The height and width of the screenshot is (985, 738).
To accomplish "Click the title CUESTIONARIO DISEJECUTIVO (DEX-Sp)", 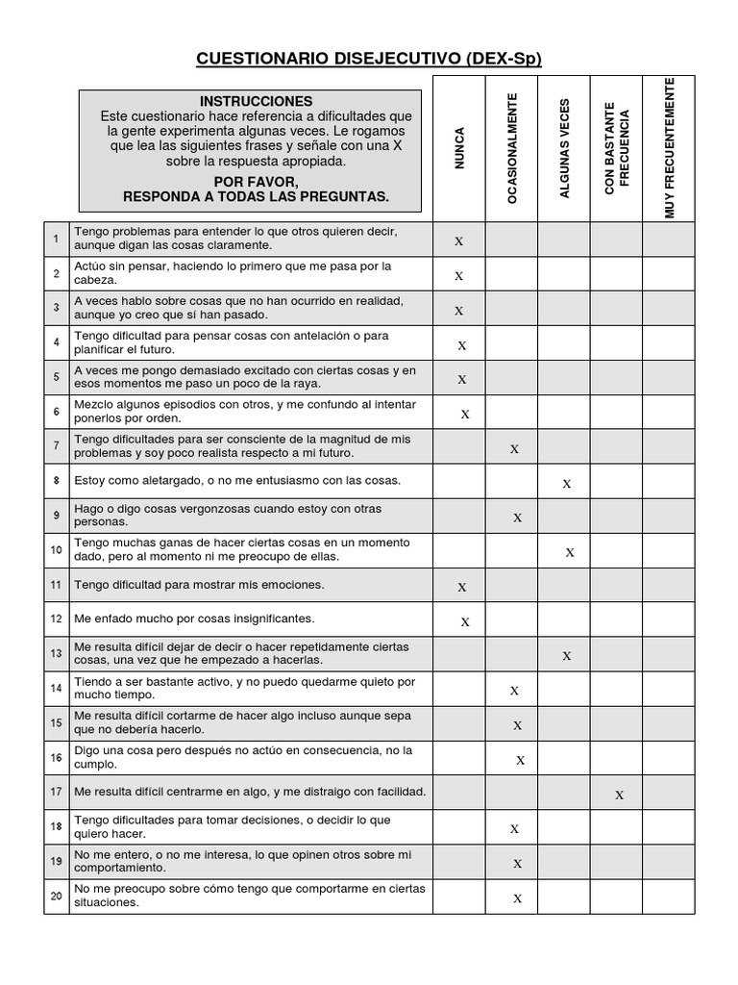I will (x=369, y=60).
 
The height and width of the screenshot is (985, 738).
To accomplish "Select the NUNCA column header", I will (x=459, y=148).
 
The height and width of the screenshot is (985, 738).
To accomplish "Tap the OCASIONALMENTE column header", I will (x=512, y=148).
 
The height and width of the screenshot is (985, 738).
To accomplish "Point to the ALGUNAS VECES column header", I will (x=565, y=148).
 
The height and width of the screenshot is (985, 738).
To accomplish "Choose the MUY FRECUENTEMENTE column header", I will (x=670, y=148).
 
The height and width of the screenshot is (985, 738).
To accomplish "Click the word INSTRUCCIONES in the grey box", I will (x=256, y=101).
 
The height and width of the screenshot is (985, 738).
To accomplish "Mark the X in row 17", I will (x=620, y=795).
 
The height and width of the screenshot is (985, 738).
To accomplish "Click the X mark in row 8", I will (x=567, y=484).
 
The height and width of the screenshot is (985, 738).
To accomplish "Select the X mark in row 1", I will (x=459, y=241).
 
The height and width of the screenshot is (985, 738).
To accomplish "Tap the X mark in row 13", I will (x=567, y=656).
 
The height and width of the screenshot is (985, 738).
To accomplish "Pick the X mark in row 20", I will (x=517, y=898).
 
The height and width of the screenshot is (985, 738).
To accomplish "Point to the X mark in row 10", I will (x=570, y=552).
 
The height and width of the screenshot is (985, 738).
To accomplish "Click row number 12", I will (x=57, y=619).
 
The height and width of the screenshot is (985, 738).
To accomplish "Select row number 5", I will (x=57, y=377).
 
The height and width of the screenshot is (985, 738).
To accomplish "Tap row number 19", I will (x=57, y=861).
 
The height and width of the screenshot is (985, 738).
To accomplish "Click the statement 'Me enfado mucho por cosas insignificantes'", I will (x=194, y=619).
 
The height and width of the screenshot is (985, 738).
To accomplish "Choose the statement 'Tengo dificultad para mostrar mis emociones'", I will (x=199, y=585).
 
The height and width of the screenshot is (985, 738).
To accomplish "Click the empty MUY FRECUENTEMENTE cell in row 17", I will (x=670, y=793).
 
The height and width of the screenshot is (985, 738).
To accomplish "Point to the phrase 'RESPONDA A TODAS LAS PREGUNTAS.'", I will (x=256, y=196).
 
